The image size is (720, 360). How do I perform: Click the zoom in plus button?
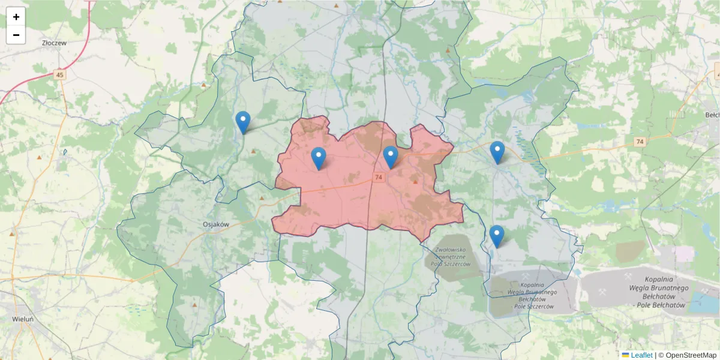point(16,17)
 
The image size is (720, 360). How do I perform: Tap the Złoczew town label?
point(54,43)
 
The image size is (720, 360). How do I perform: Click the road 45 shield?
point(59,75)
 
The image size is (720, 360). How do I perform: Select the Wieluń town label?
point(23,319)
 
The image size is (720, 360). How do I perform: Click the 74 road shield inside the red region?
point(378,178)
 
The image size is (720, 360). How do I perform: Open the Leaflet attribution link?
point(641,355)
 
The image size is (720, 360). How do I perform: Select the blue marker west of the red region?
point(243,122)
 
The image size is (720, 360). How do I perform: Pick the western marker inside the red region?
point(319,158)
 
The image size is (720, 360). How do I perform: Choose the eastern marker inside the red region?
point(391,157)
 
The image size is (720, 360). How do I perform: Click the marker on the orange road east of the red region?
point(497,152)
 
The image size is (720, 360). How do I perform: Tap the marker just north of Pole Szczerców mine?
point(496,236)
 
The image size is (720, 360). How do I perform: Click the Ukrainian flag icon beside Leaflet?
point(625,355)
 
